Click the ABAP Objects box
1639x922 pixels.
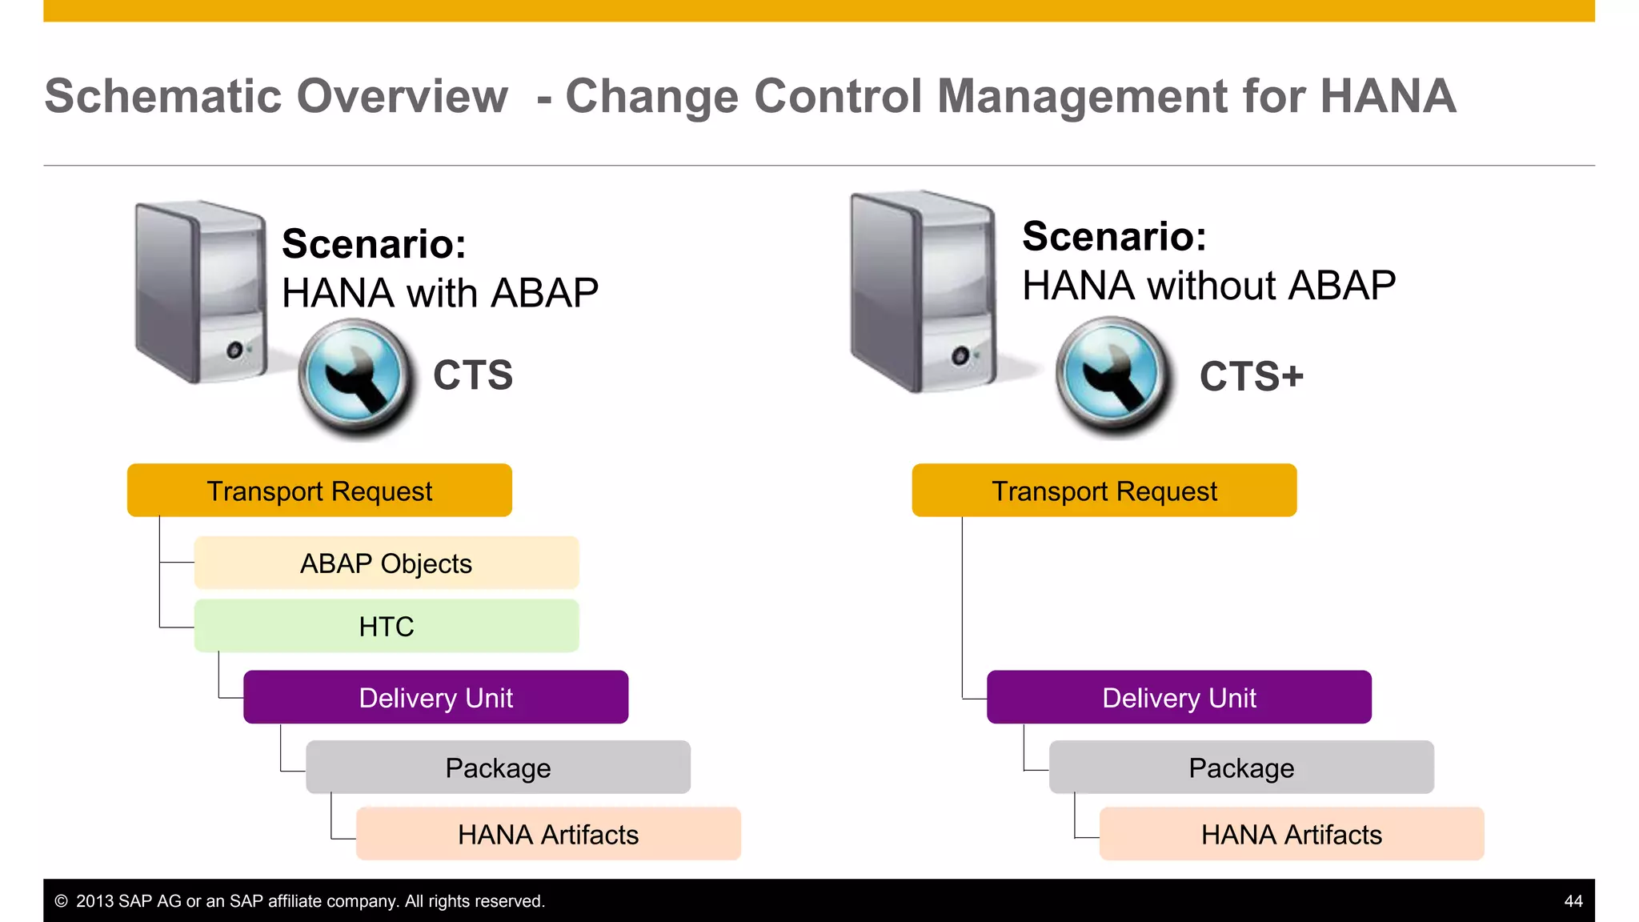(387, 563)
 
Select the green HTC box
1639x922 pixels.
(387, 626)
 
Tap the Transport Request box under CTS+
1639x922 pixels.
(1104, 491)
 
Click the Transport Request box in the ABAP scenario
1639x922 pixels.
(319, 491)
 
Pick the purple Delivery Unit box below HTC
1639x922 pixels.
(435, 697)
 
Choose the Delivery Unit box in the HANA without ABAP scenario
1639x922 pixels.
(1179, 697)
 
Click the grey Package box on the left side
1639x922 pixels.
(498, 768)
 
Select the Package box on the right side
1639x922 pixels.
(1241, 768)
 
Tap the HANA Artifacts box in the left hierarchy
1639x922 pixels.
(548, 834)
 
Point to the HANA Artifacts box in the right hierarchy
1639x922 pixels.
(1291, 834)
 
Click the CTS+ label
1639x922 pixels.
(1251, 376)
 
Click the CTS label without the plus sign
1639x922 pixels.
(473, 375)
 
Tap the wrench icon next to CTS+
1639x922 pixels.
(1113, 376)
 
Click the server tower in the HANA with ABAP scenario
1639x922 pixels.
(200, 292)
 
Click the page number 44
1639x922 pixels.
(1573, 901)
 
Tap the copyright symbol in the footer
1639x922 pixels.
(61, 901)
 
